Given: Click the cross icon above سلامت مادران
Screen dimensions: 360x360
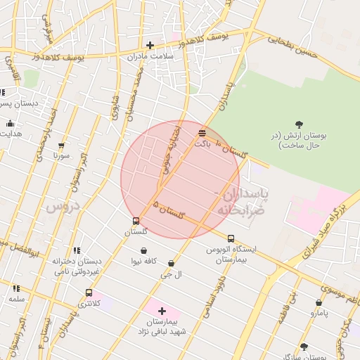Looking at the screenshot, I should tap(150, 46).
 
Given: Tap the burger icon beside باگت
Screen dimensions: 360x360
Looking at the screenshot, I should tap(202, 132).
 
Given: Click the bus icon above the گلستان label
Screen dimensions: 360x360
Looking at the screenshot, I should tap(136, 221).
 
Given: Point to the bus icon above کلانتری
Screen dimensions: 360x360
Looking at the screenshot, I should tap(89, 292).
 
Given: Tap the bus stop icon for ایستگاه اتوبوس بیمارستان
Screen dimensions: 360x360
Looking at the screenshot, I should tap(231, 238).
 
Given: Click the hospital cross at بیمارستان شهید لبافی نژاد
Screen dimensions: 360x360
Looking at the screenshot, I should tap(162, 310).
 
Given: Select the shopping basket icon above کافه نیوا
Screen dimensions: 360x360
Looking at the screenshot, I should tap(144, 250).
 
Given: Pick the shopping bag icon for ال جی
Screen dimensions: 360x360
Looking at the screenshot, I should tap(171, 264).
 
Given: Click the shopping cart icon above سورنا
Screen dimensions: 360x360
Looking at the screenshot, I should tap(61, 146).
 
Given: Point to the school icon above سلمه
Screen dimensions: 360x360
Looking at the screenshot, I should tap(16, 288).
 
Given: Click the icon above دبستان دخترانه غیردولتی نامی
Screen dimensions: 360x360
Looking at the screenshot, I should tap(77, 250).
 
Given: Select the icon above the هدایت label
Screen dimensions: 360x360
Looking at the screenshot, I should tap(10, 124).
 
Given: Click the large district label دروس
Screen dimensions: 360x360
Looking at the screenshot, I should tap(61, 207).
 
